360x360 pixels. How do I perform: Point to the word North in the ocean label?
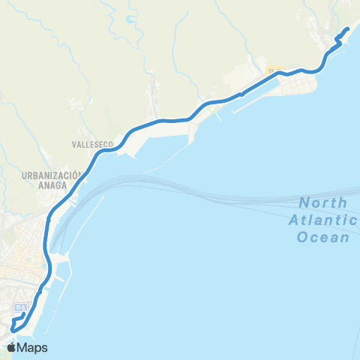coord(322,202)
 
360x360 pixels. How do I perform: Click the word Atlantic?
coord(322,220)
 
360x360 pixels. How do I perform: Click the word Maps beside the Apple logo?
coord(32,347)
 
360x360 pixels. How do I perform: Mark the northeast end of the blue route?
coord(348,30)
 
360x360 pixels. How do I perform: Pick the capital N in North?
coord(304,202)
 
